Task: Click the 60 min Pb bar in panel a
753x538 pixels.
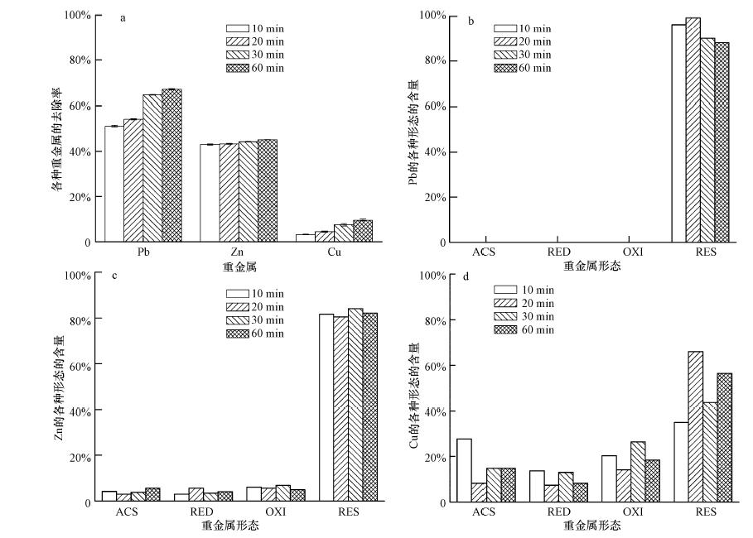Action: (171, 166)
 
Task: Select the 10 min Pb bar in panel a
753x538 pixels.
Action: (114, 184)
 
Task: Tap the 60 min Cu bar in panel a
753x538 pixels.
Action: (363, 231)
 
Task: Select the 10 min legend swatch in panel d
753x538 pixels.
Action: (505, 290)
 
